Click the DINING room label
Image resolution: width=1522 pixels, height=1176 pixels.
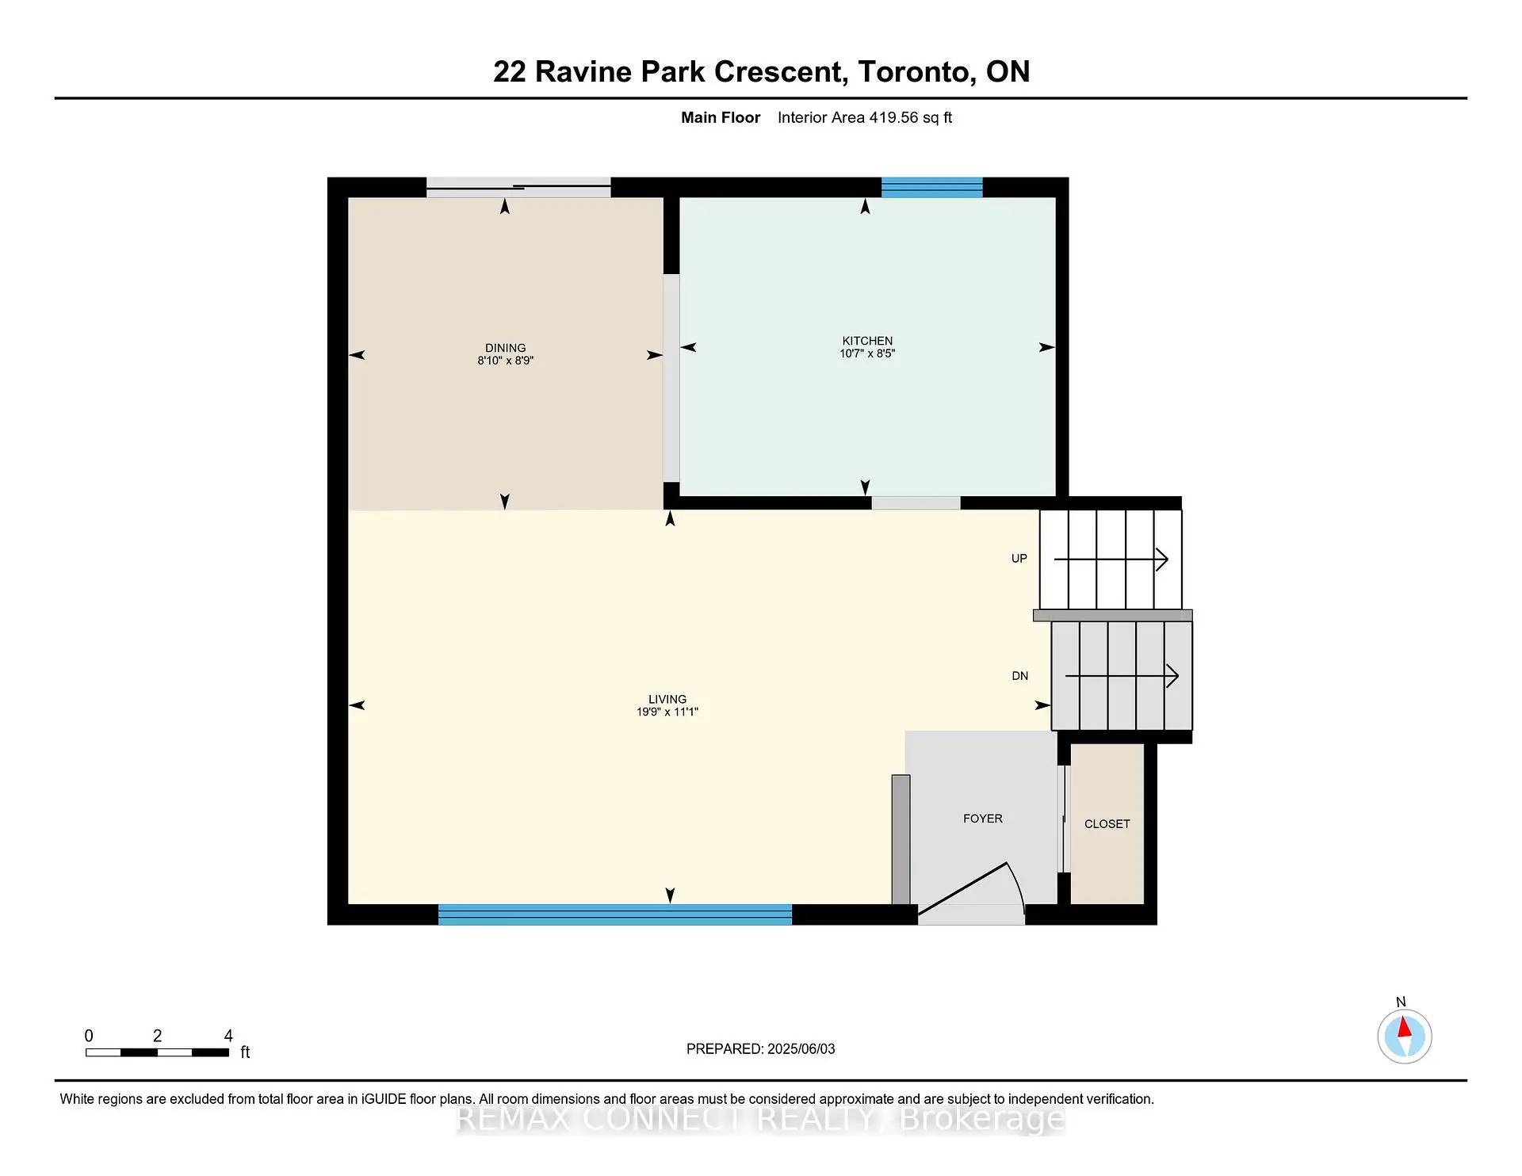(x=505, y=348)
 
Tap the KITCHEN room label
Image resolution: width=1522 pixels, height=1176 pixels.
(x=867, y=341)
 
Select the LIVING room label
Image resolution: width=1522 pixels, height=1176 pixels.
(x=667, y=699)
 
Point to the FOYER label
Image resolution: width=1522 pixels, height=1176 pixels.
(x=983, y=819)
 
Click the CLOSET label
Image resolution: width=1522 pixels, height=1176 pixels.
(x=1107, y=824)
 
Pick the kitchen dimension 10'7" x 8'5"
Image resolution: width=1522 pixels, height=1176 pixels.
(x=867, y=353)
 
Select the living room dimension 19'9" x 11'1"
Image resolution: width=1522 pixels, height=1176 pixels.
(x=667, y=712)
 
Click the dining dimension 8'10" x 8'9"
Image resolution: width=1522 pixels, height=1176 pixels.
(x=505, y=361)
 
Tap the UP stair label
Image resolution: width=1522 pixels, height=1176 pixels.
(x=1019, y=559)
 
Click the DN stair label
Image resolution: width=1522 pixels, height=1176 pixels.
(x=1020, y=676)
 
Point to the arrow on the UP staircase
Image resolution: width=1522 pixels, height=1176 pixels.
(x=1111, y=559)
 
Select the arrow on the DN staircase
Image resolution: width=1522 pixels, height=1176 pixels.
(x=1122, y=676)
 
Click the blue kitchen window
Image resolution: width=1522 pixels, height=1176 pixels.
(x=932, y=187)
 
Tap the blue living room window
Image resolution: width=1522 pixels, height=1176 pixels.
(x=615, y=914)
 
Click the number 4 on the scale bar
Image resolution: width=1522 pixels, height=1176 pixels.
(x=228, y=1036)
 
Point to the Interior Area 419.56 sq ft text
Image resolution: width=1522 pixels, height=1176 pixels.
(x=865, y=117)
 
